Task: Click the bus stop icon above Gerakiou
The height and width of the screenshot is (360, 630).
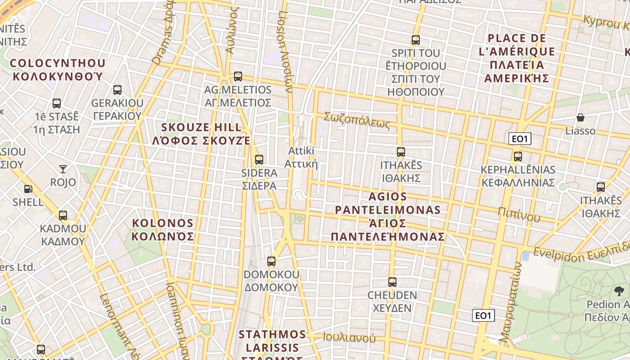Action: pos(117,90)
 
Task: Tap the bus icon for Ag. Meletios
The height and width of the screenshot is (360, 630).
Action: pos(238,76)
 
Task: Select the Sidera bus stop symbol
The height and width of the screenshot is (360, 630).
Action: pos(259,159)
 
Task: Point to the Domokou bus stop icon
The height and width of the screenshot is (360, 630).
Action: pos(271,261)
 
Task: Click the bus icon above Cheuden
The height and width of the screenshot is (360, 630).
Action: pos(392,282)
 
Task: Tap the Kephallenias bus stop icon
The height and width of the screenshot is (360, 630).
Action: pos(518,157)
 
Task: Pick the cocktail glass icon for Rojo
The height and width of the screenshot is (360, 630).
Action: pos(63,169)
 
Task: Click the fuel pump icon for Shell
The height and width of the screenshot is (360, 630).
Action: pos(28,189)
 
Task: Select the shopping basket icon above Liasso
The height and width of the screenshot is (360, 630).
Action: pos(580,117)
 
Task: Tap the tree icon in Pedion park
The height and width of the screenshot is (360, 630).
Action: pos(619,291)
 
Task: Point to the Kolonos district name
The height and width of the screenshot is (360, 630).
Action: pos(163,229)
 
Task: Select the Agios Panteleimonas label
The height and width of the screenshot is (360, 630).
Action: pos(388,216)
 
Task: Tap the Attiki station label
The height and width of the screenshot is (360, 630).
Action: pos(301,157)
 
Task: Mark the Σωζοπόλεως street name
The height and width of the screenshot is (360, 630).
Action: pos(357,120)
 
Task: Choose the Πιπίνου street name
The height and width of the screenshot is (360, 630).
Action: pos(519,214)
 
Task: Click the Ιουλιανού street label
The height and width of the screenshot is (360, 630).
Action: pos(349,337)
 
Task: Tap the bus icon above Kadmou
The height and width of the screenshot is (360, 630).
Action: pos(63,216)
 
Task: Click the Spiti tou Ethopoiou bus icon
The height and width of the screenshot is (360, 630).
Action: pos(415,40)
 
